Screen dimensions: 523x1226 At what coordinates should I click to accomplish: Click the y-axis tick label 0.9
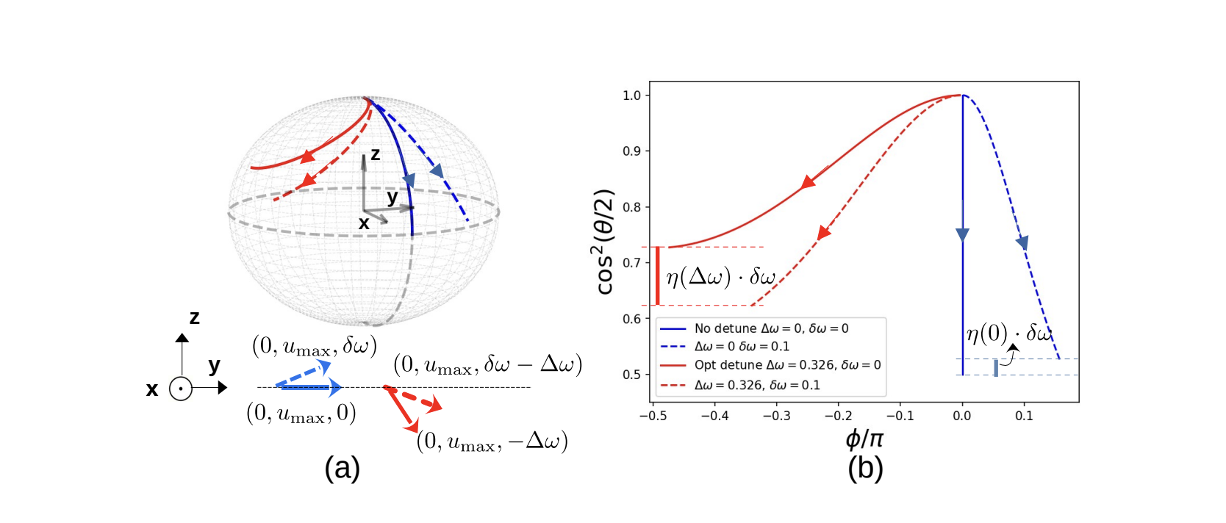(x=631, y=151)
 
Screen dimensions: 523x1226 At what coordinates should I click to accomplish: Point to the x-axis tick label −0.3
(x=776, y=416)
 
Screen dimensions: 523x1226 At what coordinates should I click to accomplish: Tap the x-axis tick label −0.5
(x=653, y=416)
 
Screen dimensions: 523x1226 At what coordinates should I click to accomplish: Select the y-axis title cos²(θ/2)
(x=604, y=242)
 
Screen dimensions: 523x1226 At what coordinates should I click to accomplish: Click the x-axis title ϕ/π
(x=864, y=439)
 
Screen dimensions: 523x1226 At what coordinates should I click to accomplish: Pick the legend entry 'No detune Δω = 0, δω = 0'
(x=771, y=328)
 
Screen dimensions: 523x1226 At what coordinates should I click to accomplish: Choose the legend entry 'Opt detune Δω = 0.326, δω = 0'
(x=787, y=365)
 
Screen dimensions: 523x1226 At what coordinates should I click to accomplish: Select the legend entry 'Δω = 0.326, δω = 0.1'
(x=757, y=385)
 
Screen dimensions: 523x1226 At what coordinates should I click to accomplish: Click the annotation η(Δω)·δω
(x=720, y=277)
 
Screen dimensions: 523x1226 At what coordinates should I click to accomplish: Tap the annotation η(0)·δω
(x=1009, y=333)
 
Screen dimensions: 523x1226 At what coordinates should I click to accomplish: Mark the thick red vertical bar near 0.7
(x=657, y=275)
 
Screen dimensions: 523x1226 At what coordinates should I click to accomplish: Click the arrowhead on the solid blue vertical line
(x=962, y=235)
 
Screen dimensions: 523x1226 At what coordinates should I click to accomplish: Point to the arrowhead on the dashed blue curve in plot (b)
(x=1022, y=242)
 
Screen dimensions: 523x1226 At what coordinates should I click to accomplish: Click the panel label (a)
(x=342, y=468)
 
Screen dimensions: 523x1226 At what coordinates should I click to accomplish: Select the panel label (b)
(x=865, y=468)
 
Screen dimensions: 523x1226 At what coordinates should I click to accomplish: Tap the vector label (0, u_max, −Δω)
(x=492, y=441)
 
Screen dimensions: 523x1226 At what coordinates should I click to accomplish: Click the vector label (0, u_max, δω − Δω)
(x=487, y=364)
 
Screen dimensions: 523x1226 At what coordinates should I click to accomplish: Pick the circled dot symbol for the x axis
(x=181, y=389)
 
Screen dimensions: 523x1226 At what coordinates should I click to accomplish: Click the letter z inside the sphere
(x=375, y=154)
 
